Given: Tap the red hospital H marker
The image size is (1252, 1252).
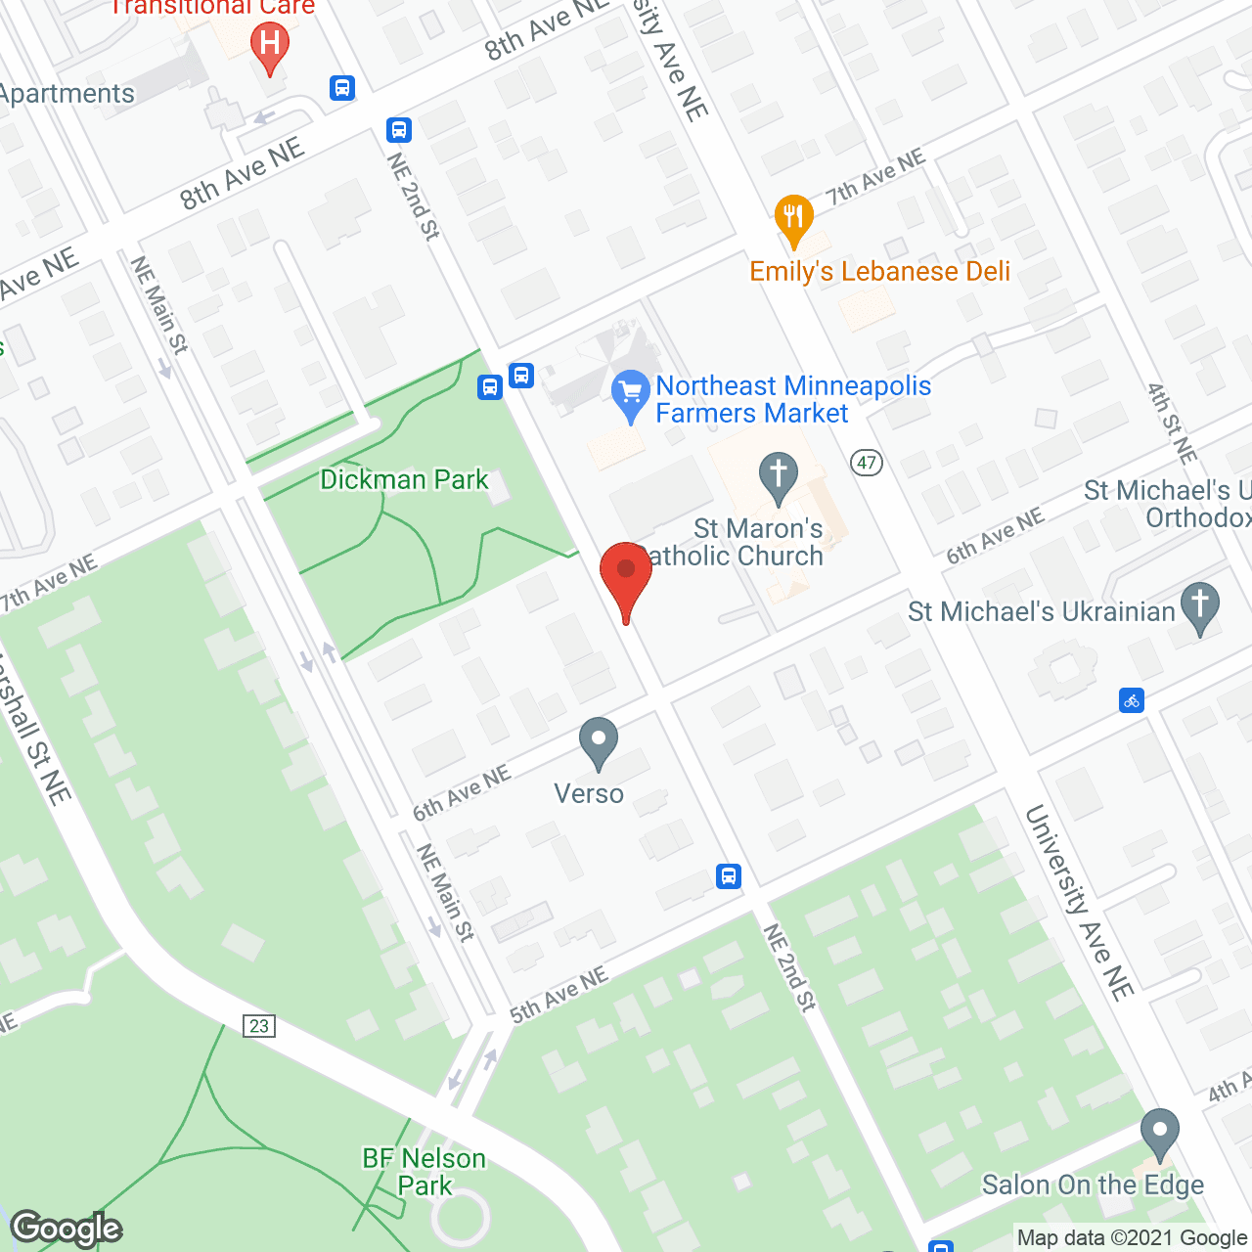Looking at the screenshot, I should click(x=270, y=44).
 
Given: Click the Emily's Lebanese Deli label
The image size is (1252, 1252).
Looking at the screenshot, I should click(x=879, y=272).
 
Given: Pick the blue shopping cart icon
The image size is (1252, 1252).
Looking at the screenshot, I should click(x=631, y=393).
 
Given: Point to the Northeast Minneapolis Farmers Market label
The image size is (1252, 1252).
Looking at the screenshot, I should click(x=792, y=400).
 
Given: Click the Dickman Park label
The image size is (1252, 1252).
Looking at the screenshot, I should click(x=404, y=480).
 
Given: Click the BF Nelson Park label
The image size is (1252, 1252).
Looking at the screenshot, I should click(x=424, y=1172).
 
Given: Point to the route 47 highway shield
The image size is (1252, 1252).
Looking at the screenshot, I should click(x=867, y=463).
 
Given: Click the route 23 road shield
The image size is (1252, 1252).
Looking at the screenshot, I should click(x=259, y=1025).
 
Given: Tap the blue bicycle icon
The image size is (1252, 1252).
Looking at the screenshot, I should click(x=1132, y=700).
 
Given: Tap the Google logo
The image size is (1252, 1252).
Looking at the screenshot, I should click(x=67, y=1229).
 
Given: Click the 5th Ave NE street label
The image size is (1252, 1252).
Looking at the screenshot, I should click(x=559, y=996).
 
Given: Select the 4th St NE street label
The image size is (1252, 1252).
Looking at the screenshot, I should click(x=1172, y=423).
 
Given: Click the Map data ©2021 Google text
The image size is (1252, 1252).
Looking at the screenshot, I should click(x=1132, y=1238).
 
